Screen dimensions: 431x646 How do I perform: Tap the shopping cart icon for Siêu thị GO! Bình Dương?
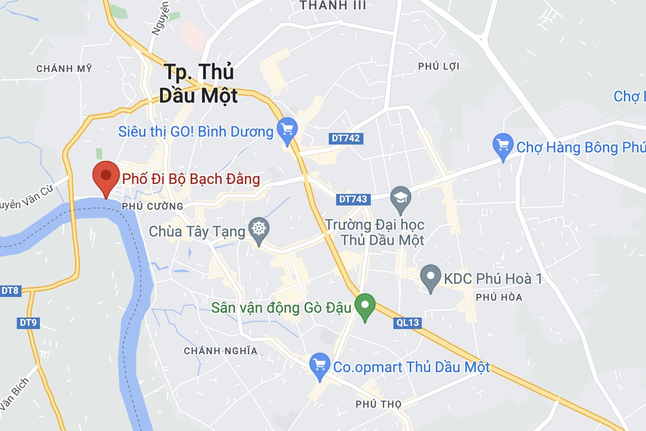287,129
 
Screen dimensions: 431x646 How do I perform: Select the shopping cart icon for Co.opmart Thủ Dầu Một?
319,365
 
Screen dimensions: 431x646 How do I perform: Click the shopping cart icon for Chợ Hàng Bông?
503,144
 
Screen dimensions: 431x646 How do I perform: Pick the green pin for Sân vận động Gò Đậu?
365,305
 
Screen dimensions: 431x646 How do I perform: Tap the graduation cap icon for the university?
401,199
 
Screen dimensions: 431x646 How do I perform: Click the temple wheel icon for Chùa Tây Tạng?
258,229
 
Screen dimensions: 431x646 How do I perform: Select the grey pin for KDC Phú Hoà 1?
431,276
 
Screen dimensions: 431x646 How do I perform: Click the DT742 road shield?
346,138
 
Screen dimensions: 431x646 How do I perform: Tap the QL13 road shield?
407,323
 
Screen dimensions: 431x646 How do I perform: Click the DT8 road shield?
10,290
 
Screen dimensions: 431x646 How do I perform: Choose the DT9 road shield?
28,323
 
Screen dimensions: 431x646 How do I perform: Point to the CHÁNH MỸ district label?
64,69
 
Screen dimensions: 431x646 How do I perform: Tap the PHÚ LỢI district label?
439,66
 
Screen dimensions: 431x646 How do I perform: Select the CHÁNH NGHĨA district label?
221,351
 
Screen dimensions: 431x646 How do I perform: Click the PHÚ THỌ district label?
378,404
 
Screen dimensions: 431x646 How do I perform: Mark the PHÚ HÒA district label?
499,297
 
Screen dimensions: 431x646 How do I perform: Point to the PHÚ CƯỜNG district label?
152,207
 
